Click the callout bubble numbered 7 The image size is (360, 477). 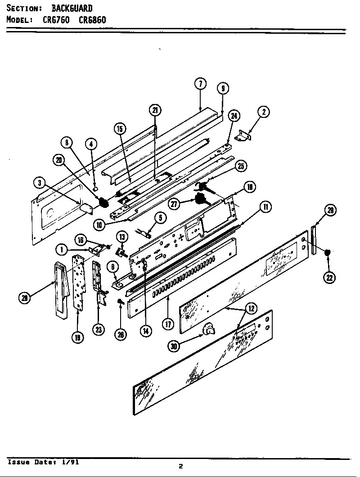point(200,84)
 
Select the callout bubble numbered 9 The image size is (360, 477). point(223,88)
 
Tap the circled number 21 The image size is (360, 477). point(155,110)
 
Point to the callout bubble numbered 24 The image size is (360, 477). point(234,116)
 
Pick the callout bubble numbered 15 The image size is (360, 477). point(119,129)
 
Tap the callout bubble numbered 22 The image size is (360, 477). point(329,278)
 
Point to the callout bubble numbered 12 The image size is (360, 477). point(252,308)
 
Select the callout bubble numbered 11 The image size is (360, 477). point(265,207)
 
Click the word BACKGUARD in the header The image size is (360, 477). point(72,8)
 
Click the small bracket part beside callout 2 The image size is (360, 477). point(244,135)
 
